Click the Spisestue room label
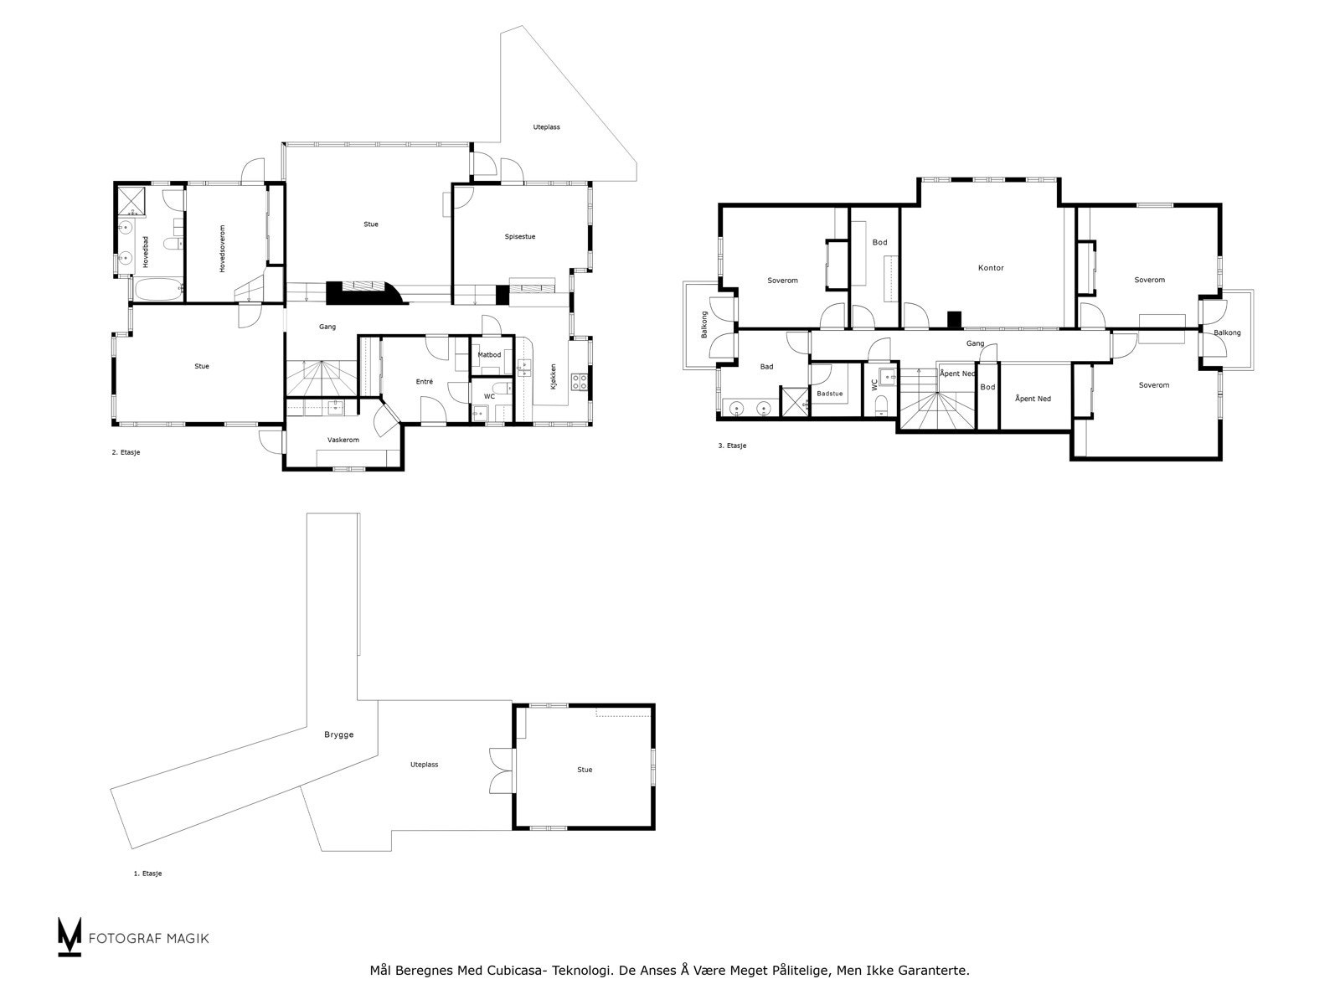519,237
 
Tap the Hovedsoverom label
222,249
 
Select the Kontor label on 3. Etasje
990,268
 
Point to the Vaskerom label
343,440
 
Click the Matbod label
489,355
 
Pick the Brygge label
339,735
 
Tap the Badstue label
830,394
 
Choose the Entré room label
425,382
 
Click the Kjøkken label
553,377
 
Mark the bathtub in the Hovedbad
159,289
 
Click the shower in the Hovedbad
131,202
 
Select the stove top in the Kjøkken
580,382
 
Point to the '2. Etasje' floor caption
126,453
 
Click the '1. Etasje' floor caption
147,874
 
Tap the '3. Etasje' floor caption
732,446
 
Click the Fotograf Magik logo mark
69,936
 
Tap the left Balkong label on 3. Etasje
703,325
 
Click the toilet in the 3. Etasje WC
881,405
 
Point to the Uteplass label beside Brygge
424,765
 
